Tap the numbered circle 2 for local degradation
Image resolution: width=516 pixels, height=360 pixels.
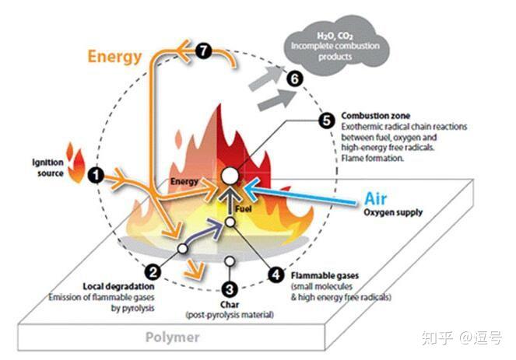[x=153, y=271]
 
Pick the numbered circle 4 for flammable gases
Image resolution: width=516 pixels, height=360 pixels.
[x=275, y=273]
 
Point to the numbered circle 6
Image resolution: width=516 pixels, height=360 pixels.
[x=293, y=79]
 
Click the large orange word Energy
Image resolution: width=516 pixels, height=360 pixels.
[x=114, y=56]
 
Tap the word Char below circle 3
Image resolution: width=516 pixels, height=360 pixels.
[x=230, y=304]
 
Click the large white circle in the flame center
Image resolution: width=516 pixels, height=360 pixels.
[x=230, y=176]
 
